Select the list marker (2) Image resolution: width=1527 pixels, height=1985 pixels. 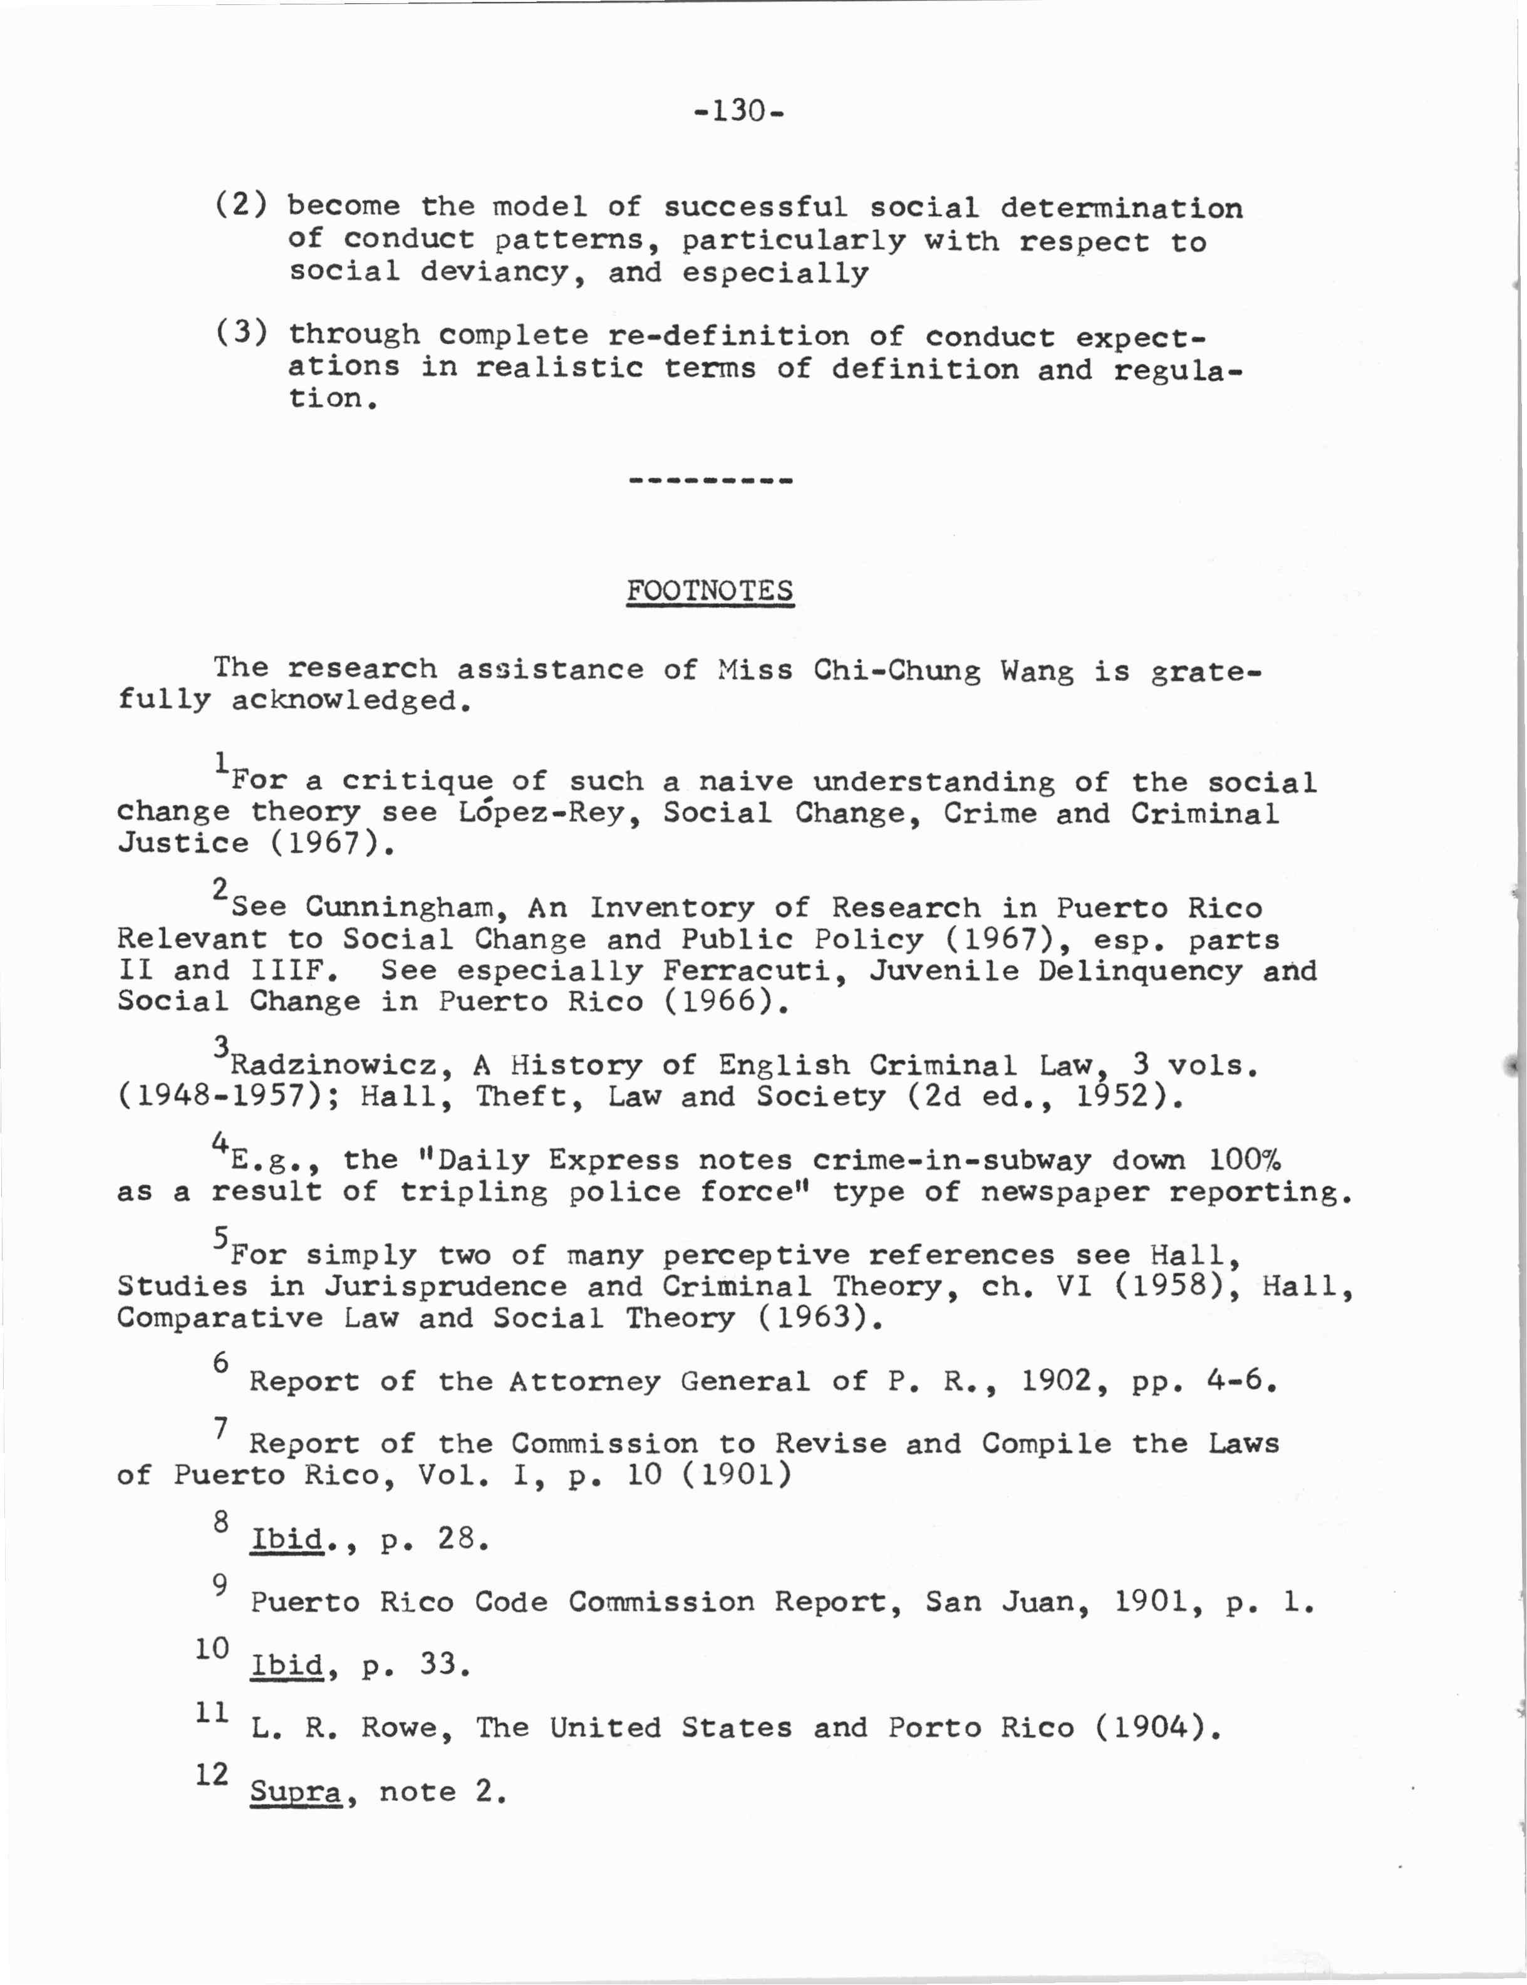pyautogui.click(x=241, y=204)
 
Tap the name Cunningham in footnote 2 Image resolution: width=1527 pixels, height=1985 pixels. pyautogui.click(x=401, y=907)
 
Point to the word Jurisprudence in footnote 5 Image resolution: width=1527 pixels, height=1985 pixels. pyautogui.click(x=445, y=1286)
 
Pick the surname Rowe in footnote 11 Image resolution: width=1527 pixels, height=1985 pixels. pyautogui.click(x=407, y=1727)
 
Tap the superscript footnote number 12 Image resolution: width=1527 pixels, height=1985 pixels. pyautogui.click(x=211, y=1773)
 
